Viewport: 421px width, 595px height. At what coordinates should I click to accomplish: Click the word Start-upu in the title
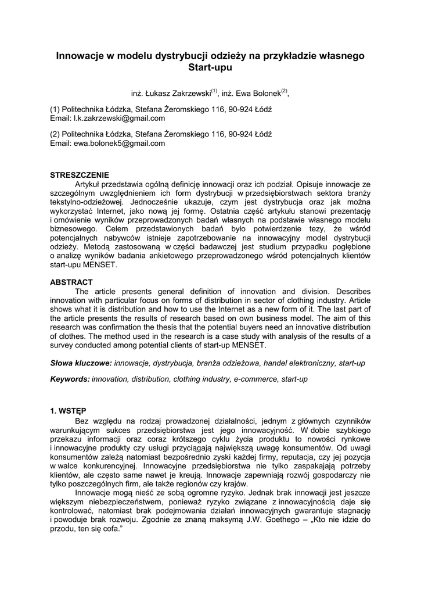[x=210, y=69]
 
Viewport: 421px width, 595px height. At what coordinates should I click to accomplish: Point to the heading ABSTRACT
[x=71, y=282]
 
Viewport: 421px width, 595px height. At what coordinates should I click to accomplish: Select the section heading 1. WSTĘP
[x=68, y=411]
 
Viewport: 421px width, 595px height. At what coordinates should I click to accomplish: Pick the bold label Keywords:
[x=70, y=378]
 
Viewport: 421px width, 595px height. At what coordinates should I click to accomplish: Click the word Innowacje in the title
[x=79, y=56]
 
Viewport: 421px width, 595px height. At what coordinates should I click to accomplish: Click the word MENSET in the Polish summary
[x=102, y=265]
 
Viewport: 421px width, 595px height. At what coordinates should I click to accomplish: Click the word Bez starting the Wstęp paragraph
[x=82, y=420]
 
